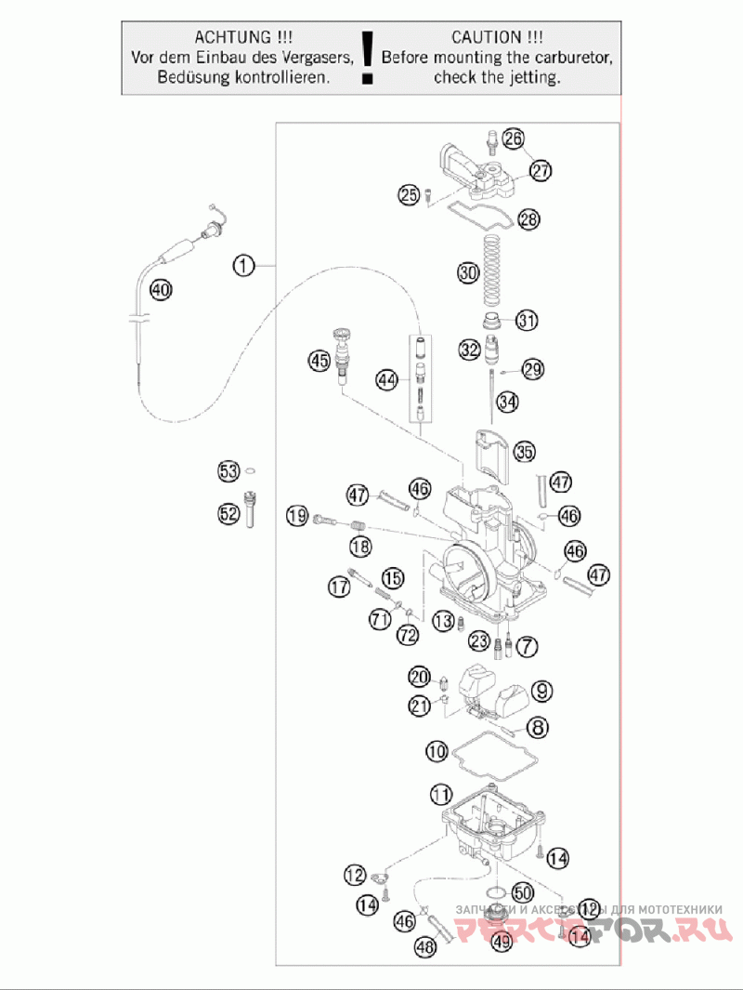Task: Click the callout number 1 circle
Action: pos(243,267)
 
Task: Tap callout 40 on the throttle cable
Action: pos(161,290)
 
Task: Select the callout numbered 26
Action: pos(513,139)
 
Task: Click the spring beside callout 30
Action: pos(493,270)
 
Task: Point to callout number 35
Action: pos(525,453)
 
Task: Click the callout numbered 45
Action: pos(320,361)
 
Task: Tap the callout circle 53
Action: pos(228,470)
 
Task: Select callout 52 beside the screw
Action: pos(228,513)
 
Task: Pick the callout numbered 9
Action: pos(541,691)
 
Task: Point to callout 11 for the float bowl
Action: pos(441,795)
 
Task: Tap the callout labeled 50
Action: pos(521,891)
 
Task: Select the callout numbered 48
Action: pos(425,947)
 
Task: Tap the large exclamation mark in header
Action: pos(369,58)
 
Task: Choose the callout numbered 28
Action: pos(528,219)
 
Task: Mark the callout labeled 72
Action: pos(408,635)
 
